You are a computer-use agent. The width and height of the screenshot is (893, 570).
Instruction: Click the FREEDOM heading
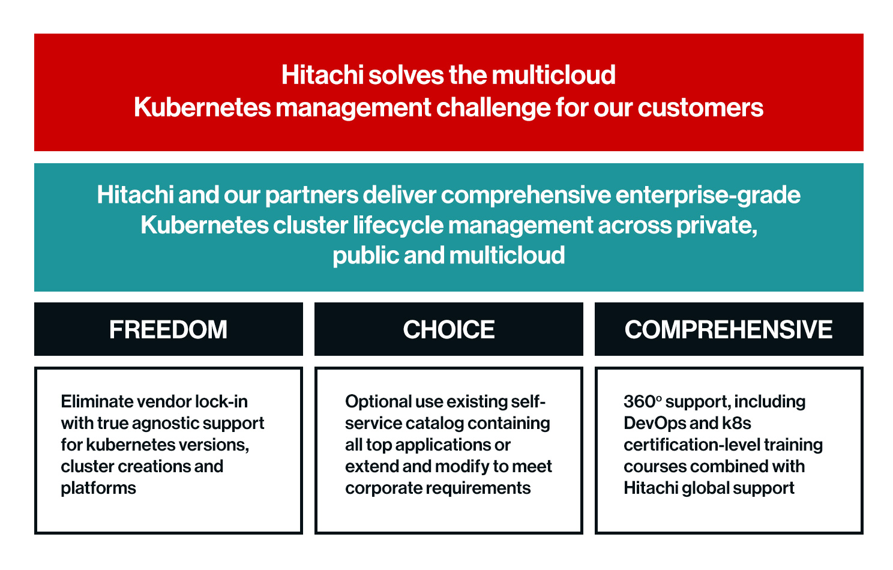(168, 329)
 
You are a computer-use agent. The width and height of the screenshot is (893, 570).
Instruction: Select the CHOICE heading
(449, 329)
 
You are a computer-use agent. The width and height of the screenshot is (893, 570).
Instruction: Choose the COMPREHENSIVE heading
(729, 329)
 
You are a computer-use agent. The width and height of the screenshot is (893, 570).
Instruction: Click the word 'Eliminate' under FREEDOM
(97, 401)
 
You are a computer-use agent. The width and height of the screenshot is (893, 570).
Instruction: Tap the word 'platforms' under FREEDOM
(98, 488)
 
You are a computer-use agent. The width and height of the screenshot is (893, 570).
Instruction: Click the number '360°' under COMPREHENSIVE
(642, 401)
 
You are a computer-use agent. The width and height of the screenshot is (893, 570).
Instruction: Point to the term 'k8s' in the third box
(736, 423)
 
